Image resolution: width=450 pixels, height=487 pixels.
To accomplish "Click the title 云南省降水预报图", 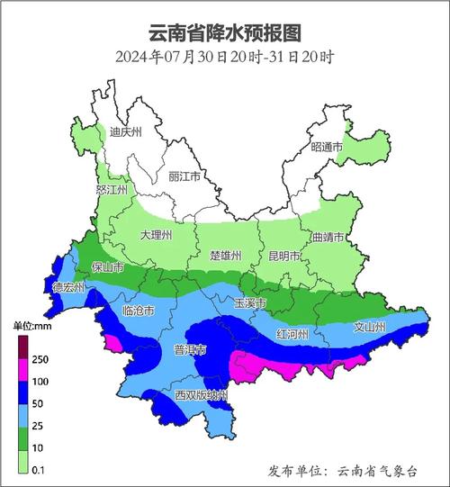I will click(225, 32).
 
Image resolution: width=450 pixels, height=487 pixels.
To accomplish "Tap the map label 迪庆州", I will click(125, 132).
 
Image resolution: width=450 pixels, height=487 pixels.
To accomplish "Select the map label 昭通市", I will click(328, 146).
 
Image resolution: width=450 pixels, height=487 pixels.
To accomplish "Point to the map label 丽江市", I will click(185, 176).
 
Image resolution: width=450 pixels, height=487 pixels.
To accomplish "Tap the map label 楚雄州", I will click(225, 256).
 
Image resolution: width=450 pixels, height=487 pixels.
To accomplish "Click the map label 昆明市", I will click(284, 256).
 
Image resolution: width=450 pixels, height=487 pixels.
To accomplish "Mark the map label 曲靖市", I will click(328, 237).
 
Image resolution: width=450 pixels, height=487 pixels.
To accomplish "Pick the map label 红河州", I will click(292, 334).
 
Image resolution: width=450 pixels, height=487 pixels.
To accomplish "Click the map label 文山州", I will click(369, 328).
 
